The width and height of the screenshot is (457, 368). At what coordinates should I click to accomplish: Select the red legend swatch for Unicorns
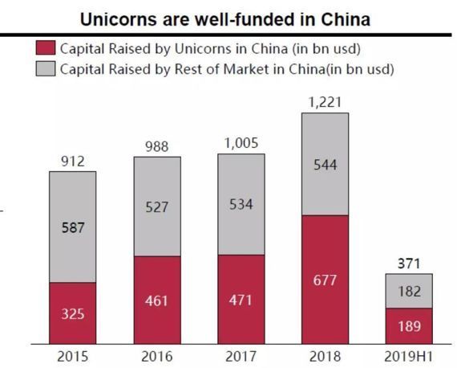(47, 50)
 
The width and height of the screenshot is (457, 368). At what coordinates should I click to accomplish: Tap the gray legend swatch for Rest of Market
(47, 69)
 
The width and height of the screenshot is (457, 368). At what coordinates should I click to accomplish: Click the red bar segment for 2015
(72, 313)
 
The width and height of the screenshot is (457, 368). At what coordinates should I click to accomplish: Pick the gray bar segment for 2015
(72, 227)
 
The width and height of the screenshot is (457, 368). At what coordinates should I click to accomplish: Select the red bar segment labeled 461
(157, 300)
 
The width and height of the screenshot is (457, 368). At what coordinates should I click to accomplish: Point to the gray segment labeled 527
(157, 206)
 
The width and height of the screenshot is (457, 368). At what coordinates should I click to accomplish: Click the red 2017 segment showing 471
(241, 299)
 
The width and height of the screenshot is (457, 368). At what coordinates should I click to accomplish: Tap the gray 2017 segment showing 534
(241, 204)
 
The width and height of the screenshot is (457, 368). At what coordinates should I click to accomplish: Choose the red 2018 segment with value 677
(325, 280)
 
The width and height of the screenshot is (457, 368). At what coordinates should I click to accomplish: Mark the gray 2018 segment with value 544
(325, 164)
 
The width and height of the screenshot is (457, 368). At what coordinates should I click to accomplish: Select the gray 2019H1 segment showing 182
(409, 291)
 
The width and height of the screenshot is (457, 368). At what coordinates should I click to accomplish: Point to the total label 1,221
(325, 102)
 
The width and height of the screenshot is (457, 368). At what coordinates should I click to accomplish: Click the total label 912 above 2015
(72, 162)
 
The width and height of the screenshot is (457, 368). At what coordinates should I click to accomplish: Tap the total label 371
(409, 264)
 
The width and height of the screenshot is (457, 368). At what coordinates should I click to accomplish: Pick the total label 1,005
(241, 144)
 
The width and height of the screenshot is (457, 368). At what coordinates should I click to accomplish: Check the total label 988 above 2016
(157, 146)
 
